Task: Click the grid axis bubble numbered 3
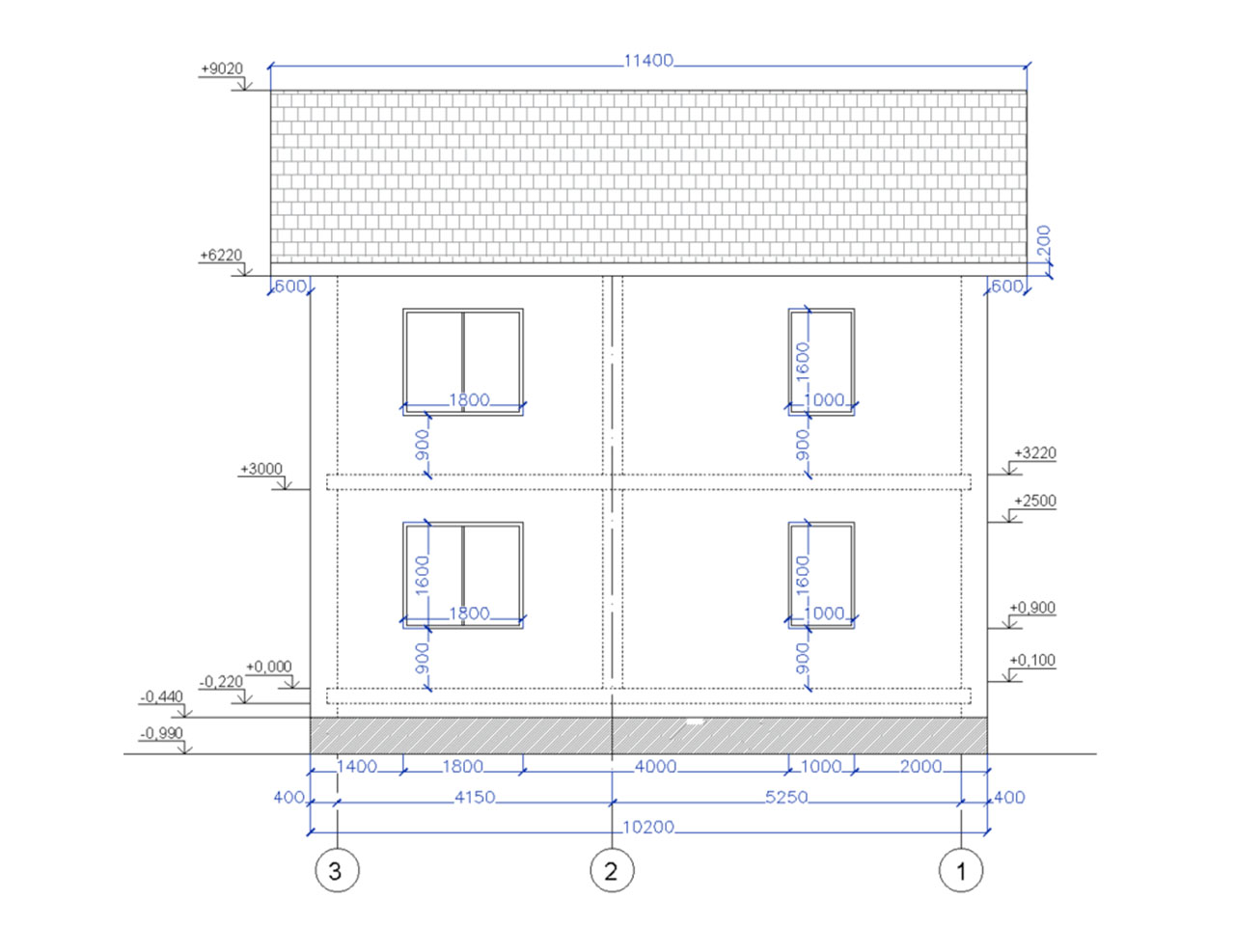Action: (x=337, y=871)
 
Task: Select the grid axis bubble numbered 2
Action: (x=612, y=871)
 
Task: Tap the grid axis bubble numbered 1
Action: (x=960, y=871)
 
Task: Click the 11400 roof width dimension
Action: (x=648, y=61)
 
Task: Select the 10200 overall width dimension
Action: (x=648, y=827)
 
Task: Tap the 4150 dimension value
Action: (x=475, y=798)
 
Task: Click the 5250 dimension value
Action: (x=786, y=798)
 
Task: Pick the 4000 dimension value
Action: (x=655, y=766)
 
